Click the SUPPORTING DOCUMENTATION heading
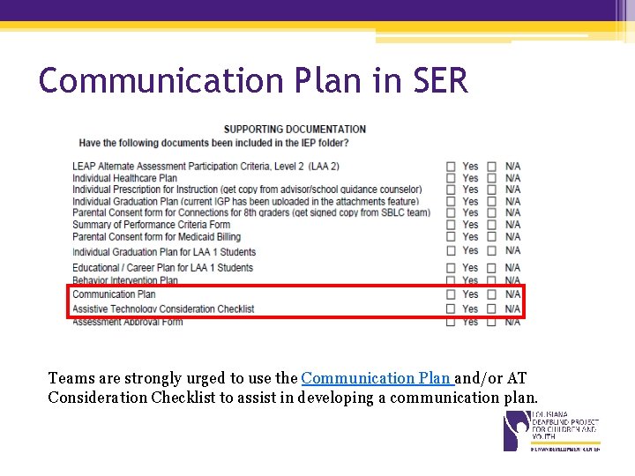[295, 130]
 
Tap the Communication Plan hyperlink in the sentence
[377, 378]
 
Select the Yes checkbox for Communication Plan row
[451, 294]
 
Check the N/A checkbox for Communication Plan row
[491, 294]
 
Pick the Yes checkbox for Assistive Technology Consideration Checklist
[451, 309]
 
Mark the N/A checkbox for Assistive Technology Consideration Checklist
[491, 309]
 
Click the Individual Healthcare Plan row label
[124, 178]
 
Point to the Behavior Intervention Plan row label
[124, 280]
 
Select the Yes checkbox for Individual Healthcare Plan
[451, 178]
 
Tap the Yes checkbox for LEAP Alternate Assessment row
[451, 166]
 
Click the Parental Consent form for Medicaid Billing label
[156, 236]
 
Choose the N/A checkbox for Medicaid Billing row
[491, 236]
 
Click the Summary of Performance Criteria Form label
[151, 225]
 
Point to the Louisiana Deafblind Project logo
[550, 431]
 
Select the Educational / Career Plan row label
[162, 267]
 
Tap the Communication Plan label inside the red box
[114, 294]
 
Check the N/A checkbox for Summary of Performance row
[491, 225]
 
